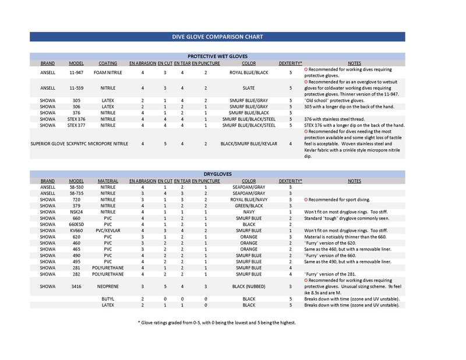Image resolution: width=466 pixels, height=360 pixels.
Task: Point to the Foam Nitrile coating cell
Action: click(108, 73)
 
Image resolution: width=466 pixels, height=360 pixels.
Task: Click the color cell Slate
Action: click(249, 88)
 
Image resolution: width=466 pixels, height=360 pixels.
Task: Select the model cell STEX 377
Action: click(76, 125)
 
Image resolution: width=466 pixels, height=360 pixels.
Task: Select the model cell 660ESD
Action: click(76, 224)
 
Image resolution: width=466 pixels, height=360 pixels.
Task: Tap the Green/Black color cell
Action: click(249, 205)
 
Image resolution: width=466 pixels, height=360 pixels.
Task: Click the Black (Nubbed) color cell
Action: click(249, 286)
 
